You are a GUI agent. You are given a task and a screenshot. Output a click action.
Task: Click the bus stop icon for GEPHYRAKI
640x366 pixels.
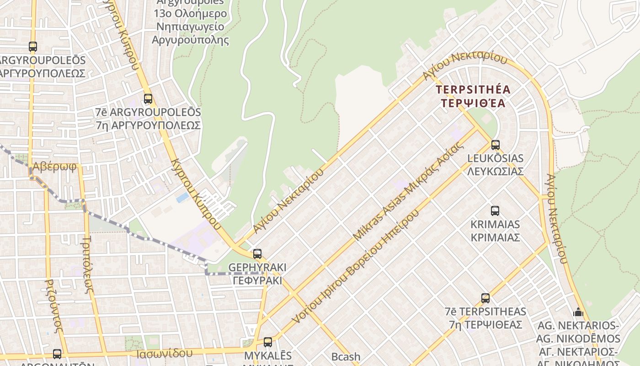(257, 253)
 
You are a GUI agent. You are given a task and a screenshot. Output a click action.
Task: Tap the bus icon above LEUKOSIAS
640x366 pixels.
(495, 145)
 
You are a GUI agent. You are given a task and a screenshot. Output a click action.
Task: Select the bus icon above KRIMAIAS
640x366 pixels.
(495, 211)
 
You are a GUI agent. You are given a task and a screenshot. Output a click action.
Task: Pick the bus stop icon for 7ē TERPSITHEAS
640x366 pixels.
(485, 298)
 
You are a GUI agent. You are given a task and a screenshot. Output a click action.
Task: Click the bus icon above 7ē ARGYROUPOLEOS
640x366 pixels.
(148, 98)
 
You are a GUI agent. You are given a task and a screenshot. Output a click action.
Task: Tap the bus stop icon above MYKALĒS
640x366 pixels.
(268, 342)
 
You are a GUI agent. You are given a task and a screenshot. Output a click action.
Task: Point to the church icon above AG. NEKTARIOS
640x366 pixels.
(578, 312)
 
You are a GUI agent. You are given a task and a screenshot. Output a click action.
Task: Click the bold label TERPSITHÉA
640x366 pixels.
(473, 90)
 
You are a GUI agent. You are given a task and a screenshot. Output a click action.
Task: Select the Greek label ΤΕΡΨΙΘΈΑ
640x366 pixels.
(473, 103)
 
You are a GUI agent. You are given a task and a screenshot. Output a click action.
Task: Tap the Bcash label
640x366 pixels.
(346, 356)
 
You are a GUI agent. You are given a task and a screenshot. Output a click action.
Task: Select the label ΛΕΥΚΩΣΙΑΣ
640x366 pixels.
(495, 172)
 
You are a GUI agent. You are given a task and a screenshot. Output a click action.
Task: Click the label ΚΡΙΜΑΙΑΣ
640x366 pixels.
(495, 237)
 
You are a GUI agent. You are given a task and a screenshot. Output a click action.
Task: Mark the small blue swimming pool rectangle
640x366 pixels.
(182, 198)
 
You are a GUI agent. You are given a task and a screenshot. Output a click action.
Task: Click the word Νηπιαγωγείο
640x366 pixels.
(190, 27)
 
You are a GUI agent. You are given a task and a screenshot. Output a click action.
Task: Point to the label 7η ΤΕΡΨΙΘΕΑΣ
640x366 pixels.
(485, 324)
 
